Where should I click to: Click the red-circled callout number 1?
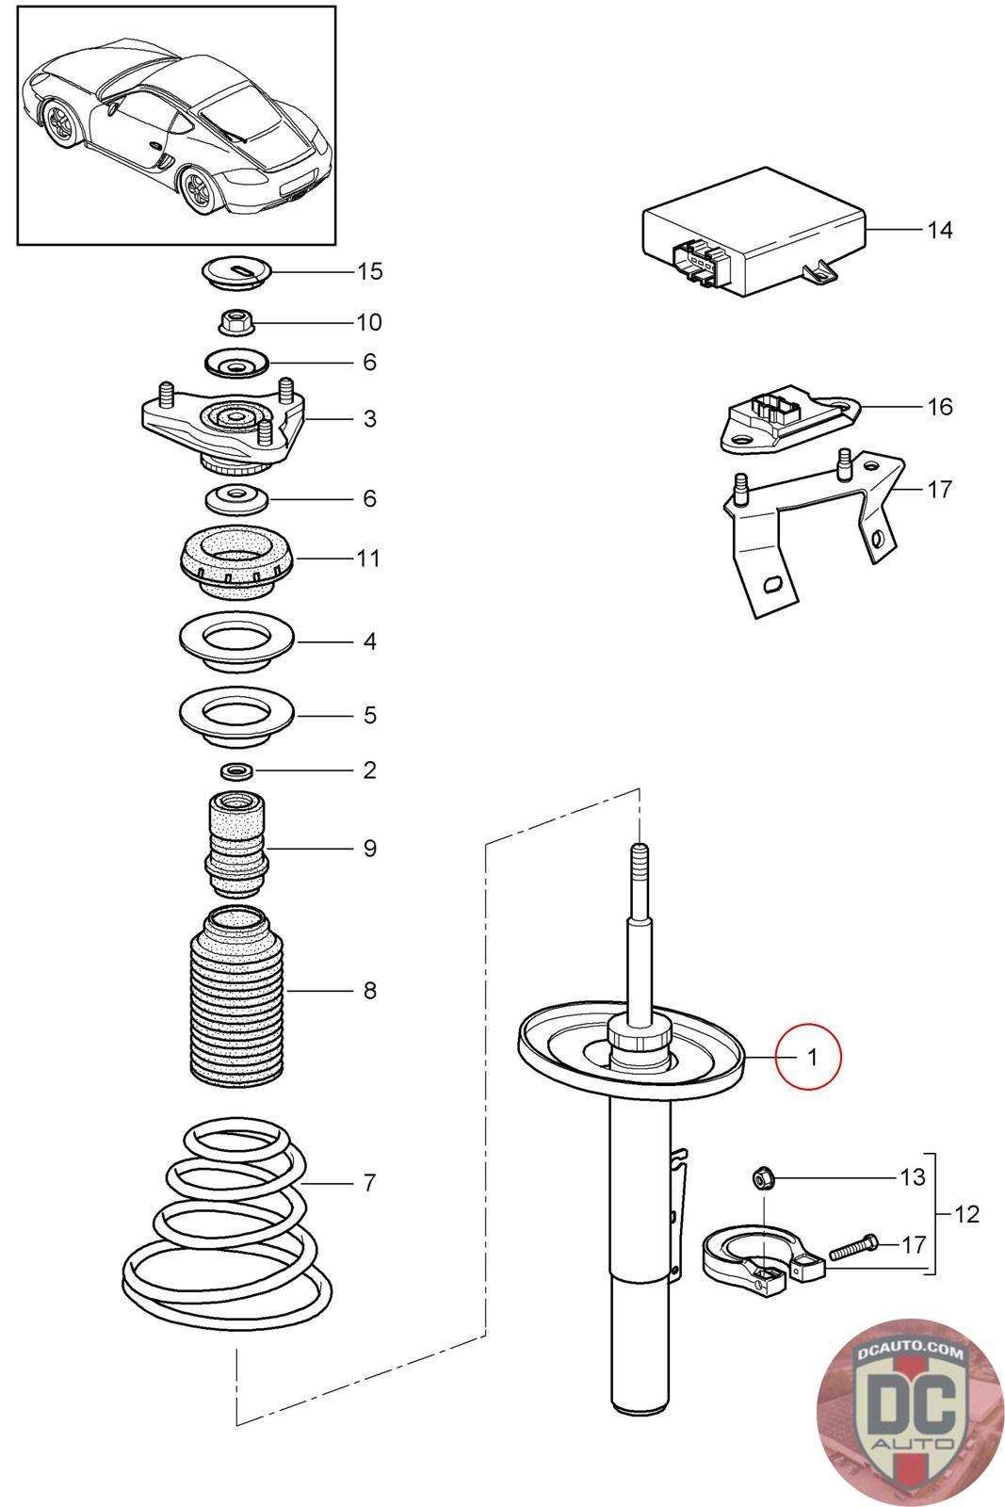tap(812, 1057)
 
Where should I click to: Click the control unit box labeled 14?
tap(754, 232)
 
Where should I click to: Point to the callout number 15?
tap(369, 271)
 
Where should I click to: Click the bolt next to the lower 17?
tap(853, 1247)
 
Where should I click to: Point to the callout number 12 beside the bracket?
tap(966, 1214)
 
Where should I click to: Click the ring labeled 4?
tap(236, 641)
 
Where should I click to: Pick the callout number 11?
tap(368, 558)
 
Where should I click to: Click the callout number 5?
tap(370, 715)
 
